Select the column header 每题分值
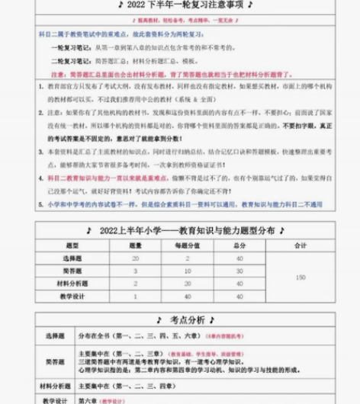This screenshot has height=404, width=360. (x=185, y=245)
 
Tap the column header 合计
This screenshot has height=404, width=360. (x=300, y=245)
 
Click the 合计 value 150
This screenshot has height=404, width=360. (x=300, y=277)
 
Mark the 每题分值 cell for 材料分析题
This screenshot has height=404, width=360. (x=185, y=283)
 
